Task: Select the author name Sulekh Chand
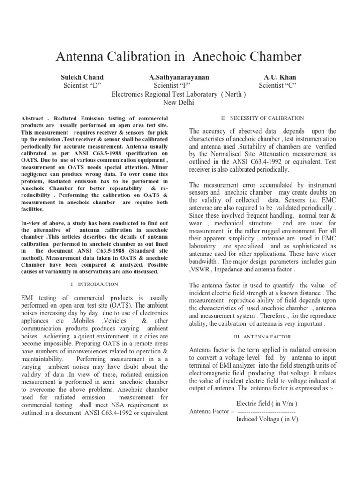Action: [82, 77]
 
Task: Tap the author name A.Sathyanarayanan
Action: [179, 77]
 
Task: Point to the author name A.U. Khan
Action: [280, 77]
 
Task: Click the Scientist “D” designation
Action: [82, 85]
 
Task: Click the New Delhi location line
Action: [179, 102]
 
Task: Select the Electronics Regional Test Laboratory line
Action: [179, 94]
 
